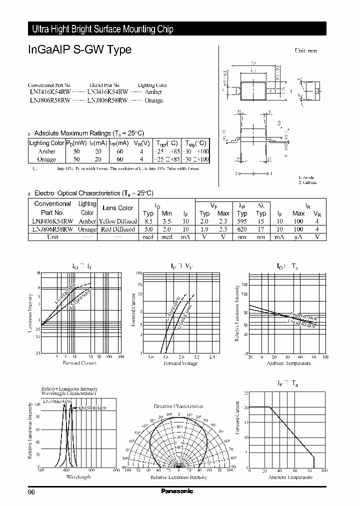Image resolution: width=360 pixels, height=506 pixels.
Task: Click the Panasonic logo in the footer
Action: [x=176, y=491]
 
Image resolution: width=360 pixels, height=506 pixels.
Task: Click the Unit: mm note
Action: [x=305, y=51]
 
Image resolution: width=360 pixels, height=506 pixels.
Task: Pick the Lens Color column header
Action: [x=117, y=208]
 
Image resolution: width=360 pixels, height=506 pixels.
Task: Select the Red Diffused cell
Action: [x=117, y=229]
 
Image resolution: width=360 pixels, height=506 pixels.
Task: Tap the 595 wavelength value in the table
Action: [x=242, y=221]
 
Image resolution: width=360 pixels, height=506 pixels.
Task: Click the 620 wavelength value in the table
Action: [x=242, y=229]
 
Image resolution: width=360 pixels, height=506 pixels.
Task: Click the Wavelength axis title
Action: [x=78, y=477]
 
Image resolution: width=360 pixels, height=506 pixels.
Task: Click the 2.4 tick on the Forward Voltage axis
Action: [x=211, y=357]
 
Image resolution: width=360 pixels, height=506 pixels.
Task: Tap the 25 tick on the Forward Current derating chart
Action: [x=246, y=393]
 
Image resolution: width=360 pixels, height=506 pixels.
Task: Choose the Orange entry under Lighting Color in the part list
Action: [x=153, y=100]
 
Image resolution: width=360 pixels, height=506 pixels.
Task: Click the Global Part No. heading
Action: [x=103, y=85]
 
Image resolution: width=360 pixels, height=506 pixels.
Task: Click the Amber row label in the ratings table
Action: [x=46, y=151]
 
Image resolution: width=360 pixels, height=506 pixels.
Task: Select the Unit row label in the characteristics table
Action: [x=52, y=237]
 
